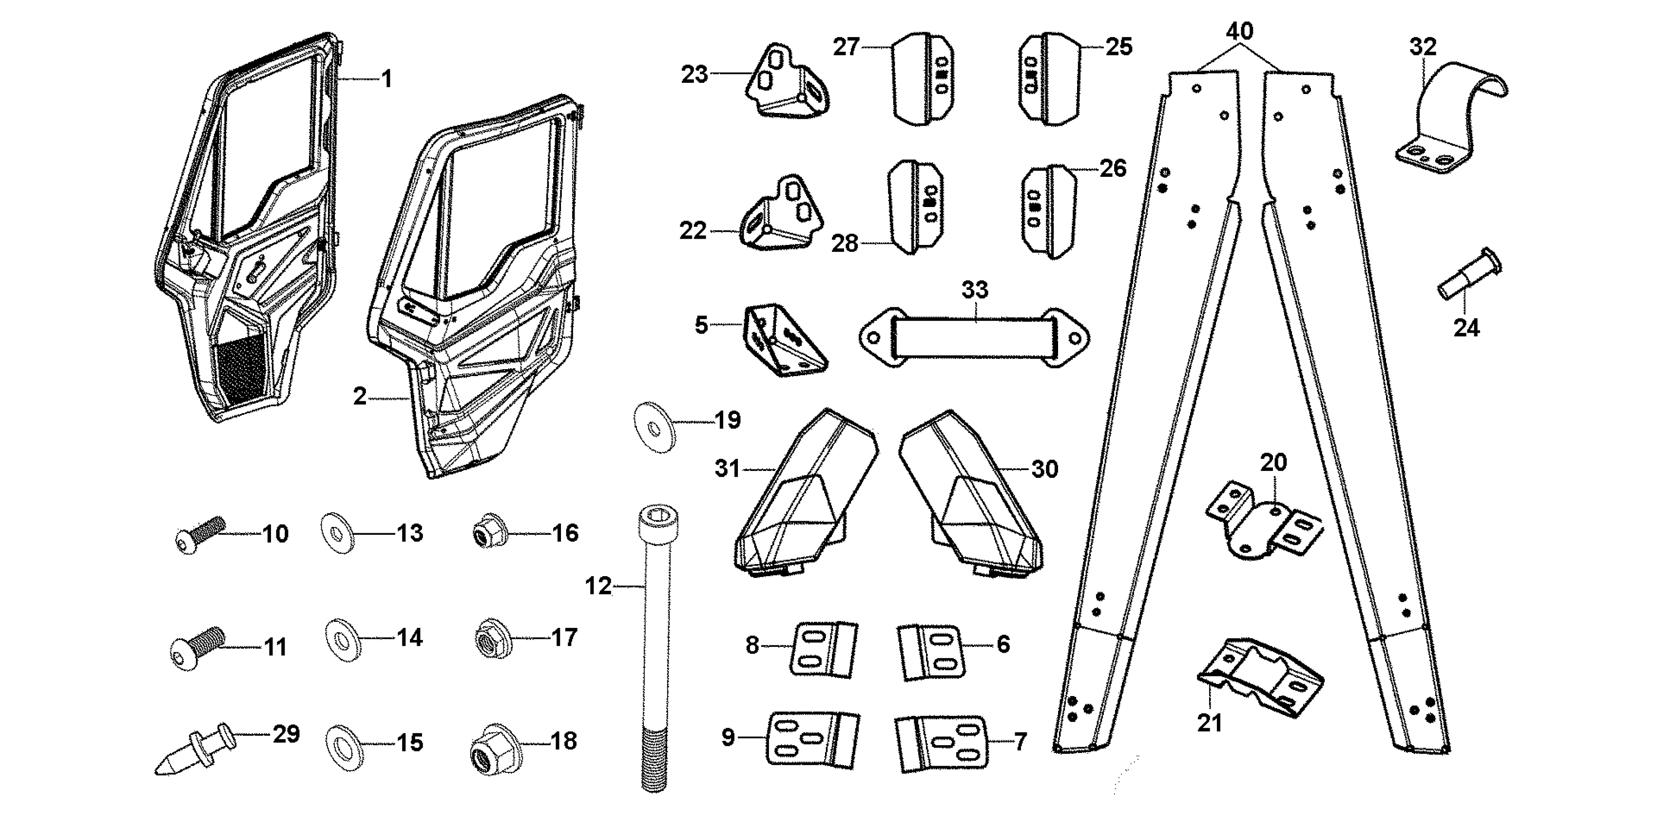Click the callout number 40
[x=1239, y=31]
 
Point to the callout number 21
[x=1209, y=723]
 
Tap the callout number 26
[x=1113, y=169]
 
